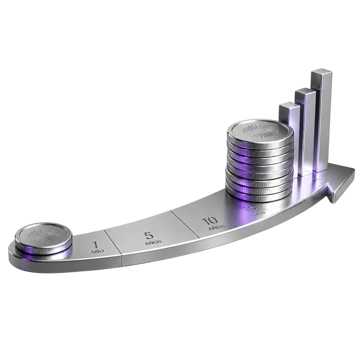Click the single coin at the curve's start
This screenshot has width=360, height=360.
click(43, 239)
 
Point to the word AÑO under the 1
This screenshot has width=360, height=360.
click(97, 251)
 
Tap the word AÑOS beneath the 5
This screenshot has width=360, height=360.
click(154, 242)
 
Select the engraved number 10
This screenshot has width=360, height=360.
click(209, 221)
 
